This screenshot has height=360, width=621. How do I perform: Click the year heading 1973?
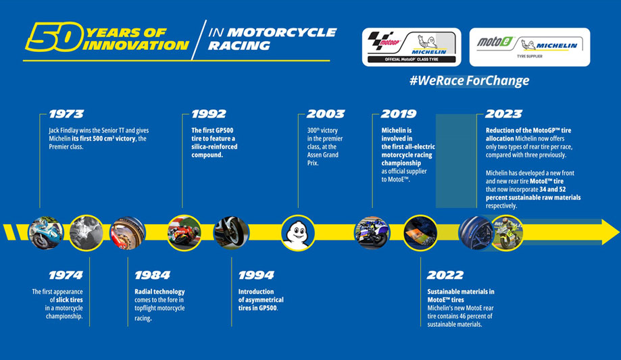66,114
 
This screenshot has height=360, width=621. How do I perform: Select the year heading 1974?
66,276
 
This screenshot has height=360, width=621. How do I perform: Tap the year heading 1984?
153,276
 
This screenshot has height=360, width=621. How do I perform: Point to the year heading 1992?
209,114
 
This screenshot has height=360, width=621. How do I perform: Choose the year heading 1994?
256,276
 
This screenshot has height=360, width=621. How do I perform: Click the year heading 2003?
326,114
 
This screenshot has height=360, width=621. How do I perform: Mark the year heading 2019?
399,114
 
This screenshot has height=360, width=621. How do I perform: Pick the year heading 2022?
445,276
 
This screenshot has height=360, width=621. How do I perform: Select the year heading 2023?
504,114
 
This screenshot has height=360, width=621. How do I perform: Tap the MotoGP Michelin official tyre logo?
412,47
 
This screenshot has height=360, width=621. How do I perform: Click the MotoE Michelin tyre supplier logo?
530,47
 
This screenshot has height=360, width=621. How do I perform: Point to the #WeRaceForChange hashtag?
470,81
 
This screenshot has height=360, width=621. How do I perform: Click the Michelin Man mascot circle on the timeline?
298,233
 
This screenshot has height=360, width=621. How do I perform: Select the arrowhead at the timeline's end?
610,232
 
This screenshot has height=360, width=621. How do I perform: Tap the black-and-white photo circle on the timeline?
86,233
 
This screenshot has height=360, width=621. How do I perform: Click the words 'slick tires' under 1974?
70,300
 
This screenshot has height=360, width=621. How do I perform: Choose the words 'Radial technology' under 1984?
159,292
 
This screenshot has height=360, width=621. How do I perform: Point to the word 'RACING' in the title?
239,46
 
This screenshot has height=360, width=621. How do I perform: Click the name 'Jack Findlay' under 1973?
64,130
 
